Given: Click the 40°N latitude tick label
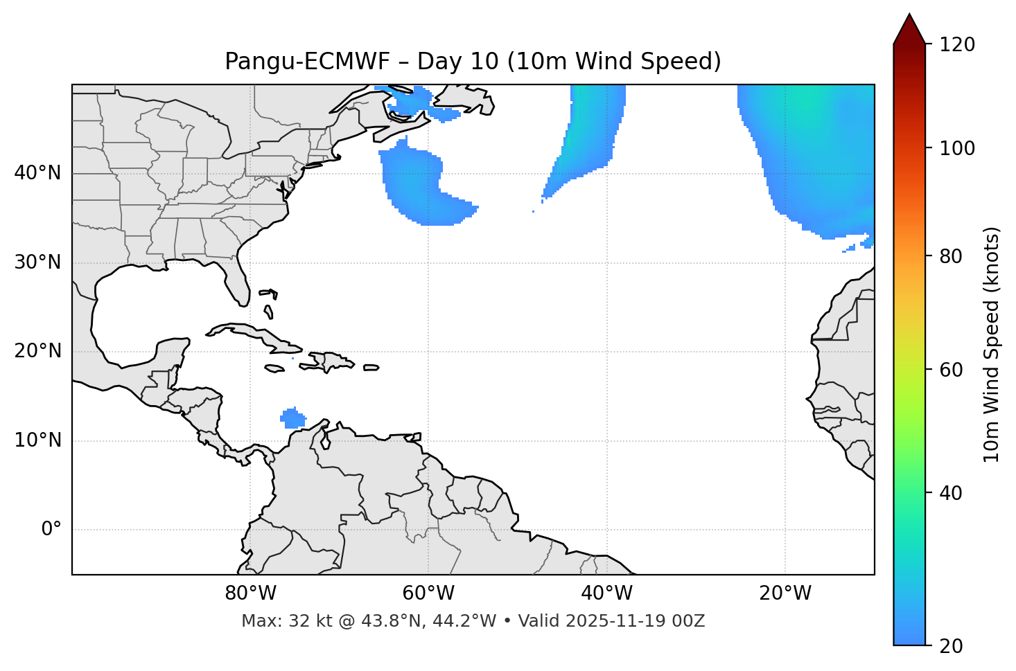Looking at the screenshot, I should coord(37,173).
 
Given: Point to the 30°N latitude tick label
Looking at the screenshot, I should coord(37,262).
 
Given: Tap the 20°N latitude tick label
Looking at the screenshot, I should coord(37,352).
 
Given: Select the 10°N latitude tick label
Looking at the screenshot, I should coord(37,440).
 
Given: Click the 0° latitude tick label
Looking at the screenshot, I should coord(51,530).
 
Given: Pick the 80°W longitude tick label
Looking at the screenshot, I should coord(250,593).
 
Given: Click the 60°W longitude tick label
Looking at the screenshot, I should coord(428,593).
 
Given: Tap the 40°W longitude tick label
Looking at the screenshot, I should coord(607,593).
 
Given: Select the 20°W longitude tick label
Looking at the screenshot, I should coord(785,593).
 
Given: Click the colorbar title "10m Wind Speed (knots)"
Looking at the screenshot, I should coord(992,344).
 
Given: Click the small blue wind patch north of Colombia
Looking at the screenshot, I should coord(293,418).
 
